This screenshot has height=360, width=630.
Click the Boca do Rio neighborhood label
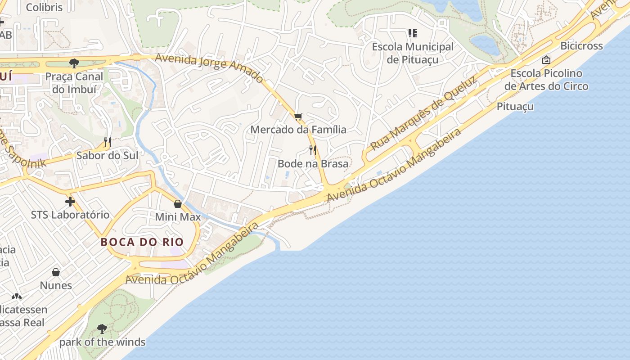(x=142, y=242)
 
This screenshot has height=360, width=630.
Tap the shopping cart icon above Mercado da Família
(x=298, y=117)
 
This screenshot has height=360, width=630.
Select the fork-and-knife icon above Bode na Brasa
(x=313, y=150)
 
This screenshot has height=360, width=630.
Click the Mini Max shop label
(x=178, y=217)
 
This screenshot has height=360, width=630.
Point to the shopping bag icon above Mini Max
(x=178, y=204)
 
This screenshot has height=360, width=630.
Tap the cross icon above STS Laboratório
(x=70, y=201)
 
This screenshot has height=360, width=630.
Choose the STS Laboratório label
(x=70, y=215)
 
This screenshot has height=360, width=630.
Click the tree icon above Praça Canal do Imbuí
(x=74, y=63)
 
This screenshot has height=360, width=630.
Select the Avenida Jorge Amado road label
(x=209, y=68)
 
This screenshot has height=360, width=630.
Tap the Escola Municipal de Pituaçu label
(x=413, y=53)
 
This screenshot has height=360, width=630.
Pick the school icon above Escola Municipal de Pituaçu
(x=413, y=33)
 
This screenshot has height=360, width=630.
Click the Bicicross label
(x=581, y=46)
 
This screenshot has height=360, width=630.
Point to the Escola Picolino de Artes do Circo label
(x=546, y=80)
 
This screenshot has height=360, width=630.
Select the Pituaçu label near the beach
(x=515, y=107)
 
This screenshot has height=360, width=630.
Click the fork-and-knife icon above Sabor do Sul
(x=107, y=142)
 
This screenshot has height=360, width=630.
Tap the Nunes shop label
(x=56, y=286)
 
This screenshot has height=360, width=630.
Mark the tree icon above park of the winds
(x=102, y=328)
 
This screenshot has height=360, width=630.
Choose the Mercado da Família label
(x=298, y=130)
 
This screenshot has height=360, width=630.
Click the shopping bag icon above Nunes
(x=56, y=272)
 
